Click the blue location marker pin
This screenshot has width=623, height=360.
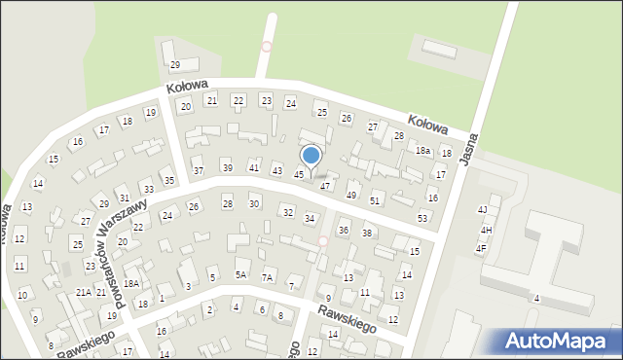pyautogui.click(x=311, y=156)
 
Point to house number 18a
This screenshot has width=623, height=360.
pyautogui.click(x=422, y=151)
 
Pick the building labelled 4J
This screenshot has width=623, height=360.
pyautogui.click(x=482, y=209)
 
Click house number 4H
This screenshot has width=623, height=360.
pyautogui.click(x=486, y=230)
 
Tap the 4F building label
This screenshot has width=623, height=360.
pyautogui.click(x=480, y=248)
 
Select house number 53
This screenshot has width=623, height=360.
pyautogui.click(x=422, y=218)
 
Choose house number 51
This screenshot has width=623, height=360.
pyautogui.click(x=375, y=199)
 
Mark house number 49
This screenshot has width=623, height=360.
pyautogui.click(x=351, y=195)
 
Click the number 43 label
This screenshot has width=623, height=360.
pyautogui.click(x=276, y=171)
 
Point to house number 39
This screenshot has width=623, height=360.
pyautogui.click(x=228, y=167)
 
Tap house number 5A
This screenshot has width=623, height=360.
pyautogui.click(x=240, y=274)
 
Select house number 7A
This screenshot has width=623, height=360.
pyautogui.click(x=267, y=277)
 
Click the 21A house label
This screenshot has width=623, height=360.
pyautogui.click(x=84, y=292)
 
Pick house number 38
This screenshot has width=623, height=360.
pyautogui.click(x=367, y=233)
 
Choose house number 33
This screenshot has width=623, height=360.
pyautogui.click(x=148, y=189)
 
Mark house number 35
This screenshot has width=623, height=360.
pyautogui.click(x=168, y=180)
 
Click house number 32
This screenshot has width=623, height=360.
pyautogui.click(x=286, y=212)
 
